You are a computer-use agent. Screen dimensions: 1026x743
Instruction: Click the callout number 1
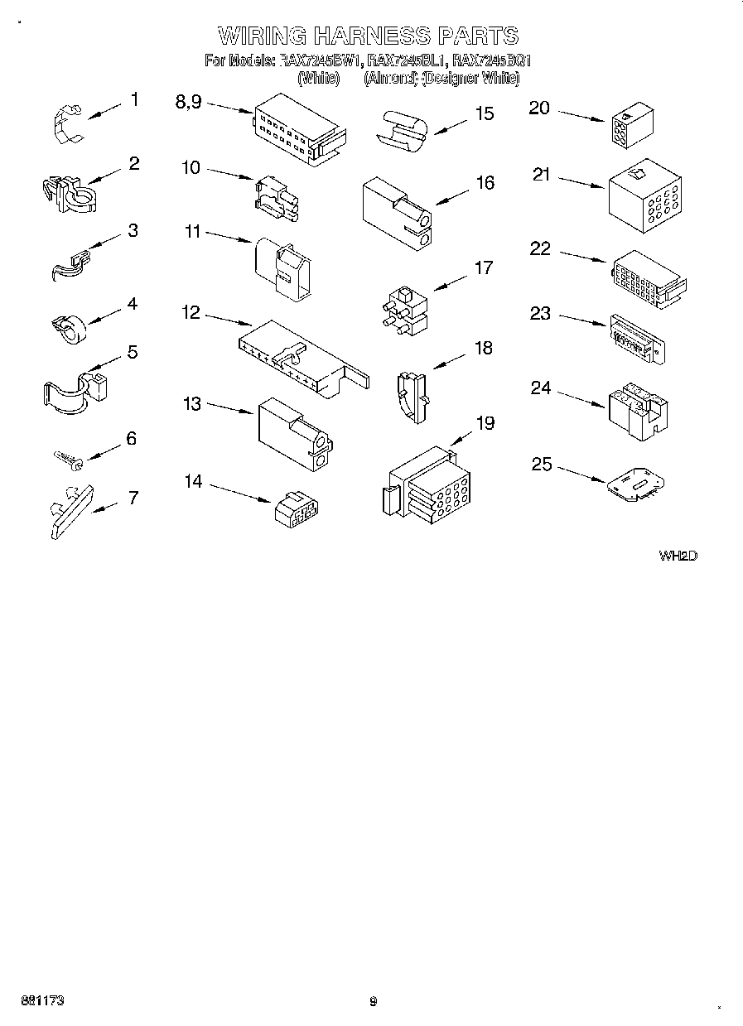(x=134, y=100)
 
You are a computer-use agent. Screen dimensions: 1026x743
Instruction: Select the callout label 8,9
(x=188, y=102)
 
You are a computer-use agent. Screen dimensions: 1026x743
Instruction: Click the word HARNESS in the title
(x=370, y=36)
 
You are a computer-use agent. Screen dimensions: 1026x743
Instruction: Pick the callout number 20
(x=539, y=108)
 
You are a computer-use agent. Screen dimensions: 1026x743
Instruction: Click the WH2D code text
(x=678, y=556)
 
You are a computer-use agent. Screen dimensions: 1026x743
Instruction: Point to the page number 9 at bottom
(x=373, y=1001)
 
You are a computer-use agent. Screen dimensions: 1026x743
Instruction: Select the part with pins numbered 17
(x=403, y=311)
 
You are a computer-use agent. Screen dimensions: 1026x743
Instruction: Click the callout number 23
(x=540, y=314)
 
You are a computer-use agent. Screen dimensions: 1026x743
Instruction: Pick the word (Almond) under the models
(x=391, y=79)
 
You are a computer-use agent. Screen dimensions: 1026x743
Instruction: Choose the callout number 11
(x=192, y=233)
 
